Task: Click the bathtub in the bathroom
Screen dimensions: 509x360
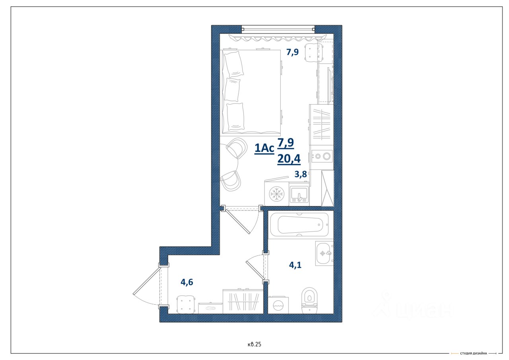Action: click(x=298, y=224)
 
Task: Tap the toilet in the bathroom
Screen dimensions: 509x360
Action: click(x=309, y=300)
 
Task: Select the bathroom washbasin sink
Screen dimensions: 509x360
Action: click(x=324, y=253)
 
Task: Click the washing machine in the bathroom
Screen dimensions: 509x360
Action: click(x=278, y=305)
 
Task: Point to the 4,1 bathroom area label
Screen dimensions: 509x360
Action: click(x=295, y=265)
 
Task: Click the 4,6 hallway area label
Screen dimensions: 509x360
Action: click(x=187, y=282)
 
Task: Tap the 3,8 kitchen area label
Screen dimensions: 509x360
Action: click(x=301, y=174)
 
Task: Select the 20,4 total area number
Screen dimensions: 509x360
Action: click(x=289, y=159)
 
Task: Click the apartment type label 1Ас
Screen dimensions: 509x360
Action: click(x=264, y=148)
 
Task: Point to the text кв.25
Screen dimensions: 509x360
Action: click(x=254, y=344)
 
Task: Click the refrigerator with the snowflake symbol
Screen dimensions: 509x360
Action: click(x=276, y=193)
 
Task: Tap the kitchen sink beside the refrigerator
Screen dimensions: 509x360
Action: click(x=299, y=194)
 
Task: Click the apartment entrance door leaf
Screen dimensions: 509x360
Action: click(x=147, y=281)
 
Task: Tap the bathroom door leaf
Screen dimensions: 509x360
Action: click(x=256, y=270)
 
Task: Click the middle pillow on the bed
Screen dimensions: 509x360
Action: click(x=232, y=90)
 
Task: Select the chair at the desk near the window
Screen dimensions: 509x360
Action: click(x=314, y=53)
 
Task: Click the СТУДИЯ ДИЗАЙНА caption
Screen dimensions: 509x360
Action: click(x=474, y=353)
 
